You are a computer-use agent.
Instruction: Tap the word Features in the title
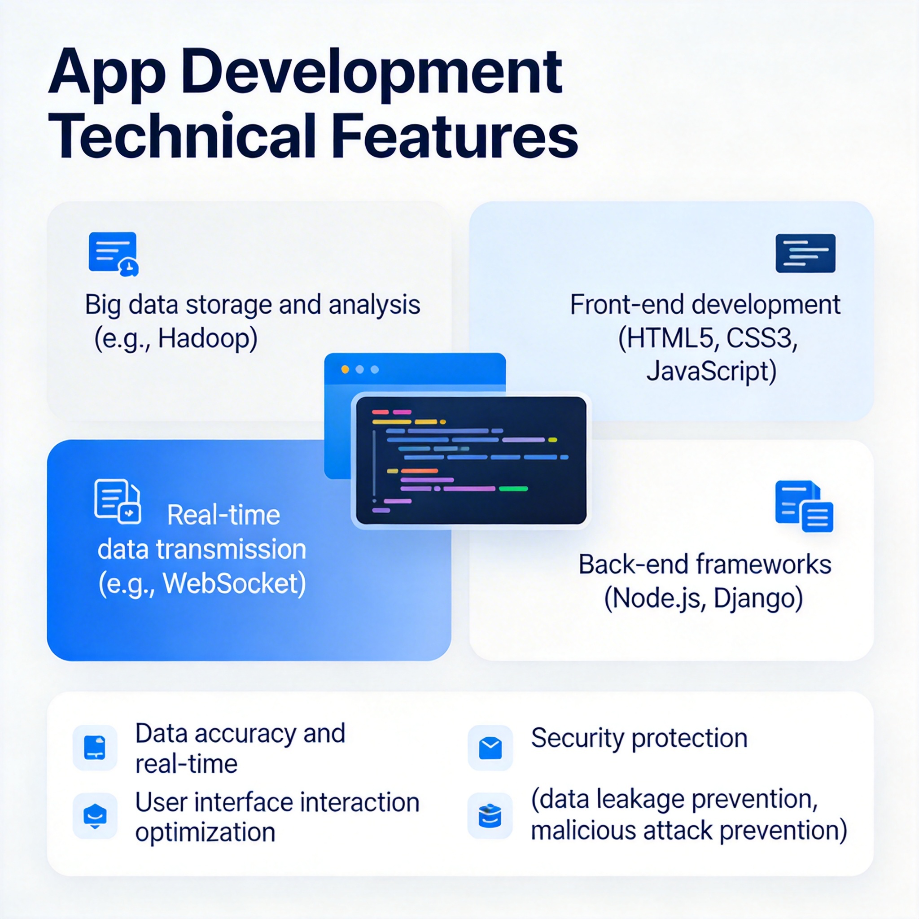pyautogui.click(x=454, y=136)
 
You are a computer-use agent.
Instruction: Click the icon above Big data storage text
pyautogui.click(x=113, y=254)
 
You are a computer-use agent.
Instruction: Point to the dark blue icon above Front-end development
pyautogui.click(x=805, y=253)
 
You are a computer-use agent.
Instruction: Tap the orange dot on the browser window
pyautogui.click(x=346, y=370)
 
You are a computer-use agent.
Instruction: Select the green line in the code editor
pyautogui.click(x=513, y=489)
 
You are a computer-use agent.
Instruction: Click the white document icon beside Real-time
pyautogui.click(x=118, y=501)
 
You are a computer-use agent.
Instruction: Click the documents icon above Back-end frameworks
pyautogui.click(x=804, y=506)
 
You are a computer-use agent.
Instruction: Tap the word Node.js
pyautogui.click(x=657, y=599)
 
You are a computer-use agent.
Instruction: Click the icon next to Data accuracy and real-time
pyautogui.click(x=95, y=747)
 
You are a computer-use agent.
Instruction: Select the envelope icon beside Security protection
pyautogui.click(x=490, y=748)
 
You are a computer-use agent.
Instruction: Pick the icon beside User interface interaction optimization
pyautogui.click(x=95, y=815)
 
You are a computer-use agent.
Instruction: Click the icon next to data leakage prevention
pyautogui.click(x=490, y=815)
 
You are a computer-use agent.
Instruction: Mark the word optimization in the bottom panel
pyautogui.click(x=205, y=832)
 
